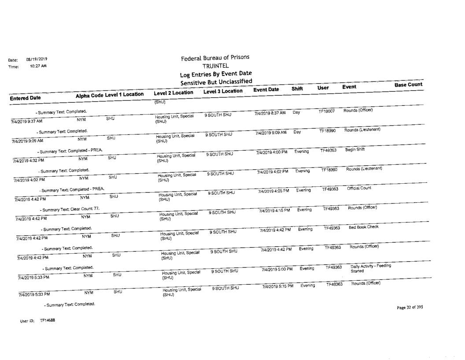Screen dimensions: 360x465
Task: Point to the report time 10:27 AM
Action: [x=38, y=66]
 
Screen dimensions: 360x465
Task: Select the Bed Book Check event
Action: [x=363, y=228]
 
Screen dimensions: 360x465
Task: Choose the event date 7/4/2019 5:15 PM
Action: [x=277, y=287]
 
